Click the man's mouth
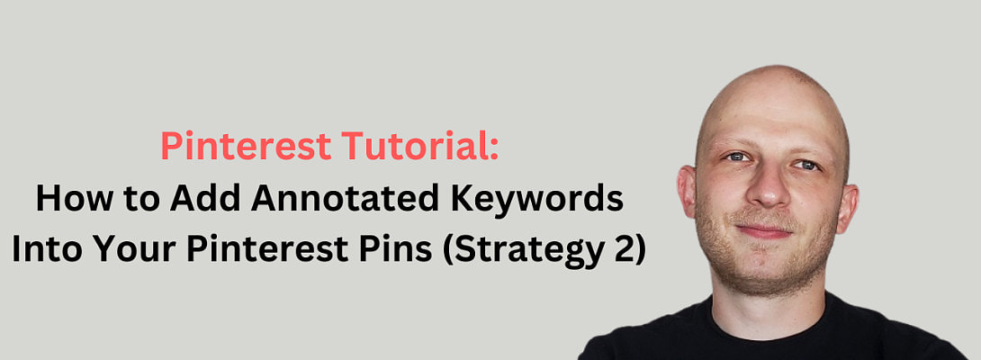[x=766, y=230]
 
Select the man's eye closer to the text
[x=735, y=157]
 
